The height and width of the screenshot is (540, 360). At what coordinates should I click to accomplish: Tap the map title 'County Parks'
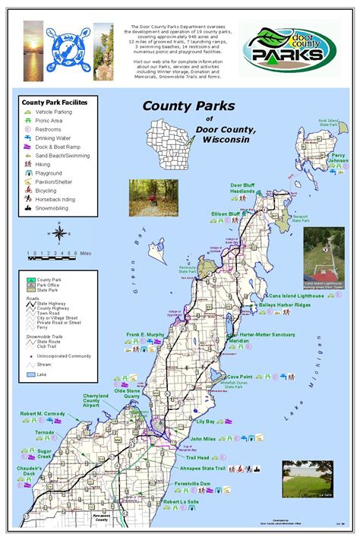[x=188, y=106]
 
